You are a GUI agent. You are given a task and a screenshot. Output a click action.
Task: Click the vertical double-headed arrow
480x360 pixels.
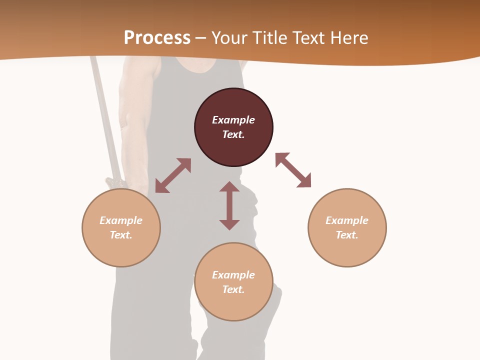coord(229,205)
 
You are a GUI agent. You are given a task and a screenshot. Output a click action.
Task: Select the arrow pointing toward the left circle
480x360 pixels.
coord(173,175)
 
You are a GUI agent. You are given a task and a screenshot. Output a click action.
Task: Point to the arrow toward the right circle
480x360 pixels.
coord(293,170)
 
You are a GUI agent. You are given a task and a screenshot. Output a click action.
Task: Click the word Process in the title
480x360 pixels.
coord(157,37)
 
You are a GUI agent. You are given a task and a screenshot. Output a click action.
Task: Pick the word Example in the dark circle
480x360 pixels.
coord(233,120)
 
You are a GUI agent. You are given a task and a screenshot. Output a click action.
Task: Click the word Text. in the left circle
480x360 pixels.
coord(121,235)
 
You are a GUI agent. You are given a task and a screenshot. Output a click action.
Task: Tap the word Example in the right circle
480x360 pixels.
coord(347,220)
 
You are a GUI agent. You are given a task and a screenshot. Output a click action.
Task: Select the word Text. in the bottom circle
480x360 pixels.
coord(233,289)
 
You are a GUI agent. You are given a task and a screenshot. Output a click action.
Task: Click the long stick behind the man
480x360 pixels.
coord(105,120)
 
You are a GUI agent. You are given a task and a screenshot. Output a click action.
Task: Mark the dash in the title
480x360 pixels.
coord(201,38)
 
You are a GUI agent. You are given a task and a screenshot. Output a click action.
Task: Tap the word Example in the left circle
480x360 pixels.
coord(121,220)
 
